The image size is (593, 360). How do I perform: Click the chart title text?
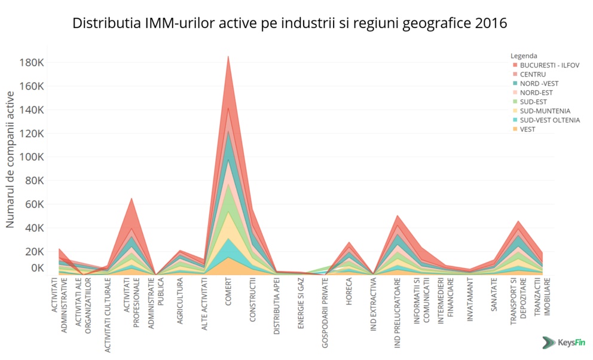tap(289, 23)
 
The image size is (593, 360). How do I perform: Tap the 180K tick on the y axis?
tap(32, 63)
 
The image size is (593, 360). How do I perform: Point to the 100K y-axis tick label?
tap(32, 157)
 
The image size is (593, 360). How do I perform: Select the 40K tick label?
tap(35, 228)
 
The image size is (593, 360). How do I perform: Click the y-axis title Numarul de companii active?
tap(10, 164)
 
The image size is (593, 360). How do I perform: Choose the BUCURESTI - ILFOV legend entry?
tap(549, 65)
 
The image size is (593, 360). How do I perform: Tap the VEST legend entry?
tap(528, 129)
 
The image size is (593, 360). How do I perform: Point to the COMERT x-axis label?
tap(228, 292)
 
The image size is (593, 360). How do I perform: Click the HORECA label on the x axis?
tap(349, 293)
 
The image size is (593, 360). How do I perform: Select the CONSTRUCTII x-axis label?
tap(253, 300)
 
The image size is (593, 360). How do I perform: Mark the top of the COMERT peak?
tap(228, 56)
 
